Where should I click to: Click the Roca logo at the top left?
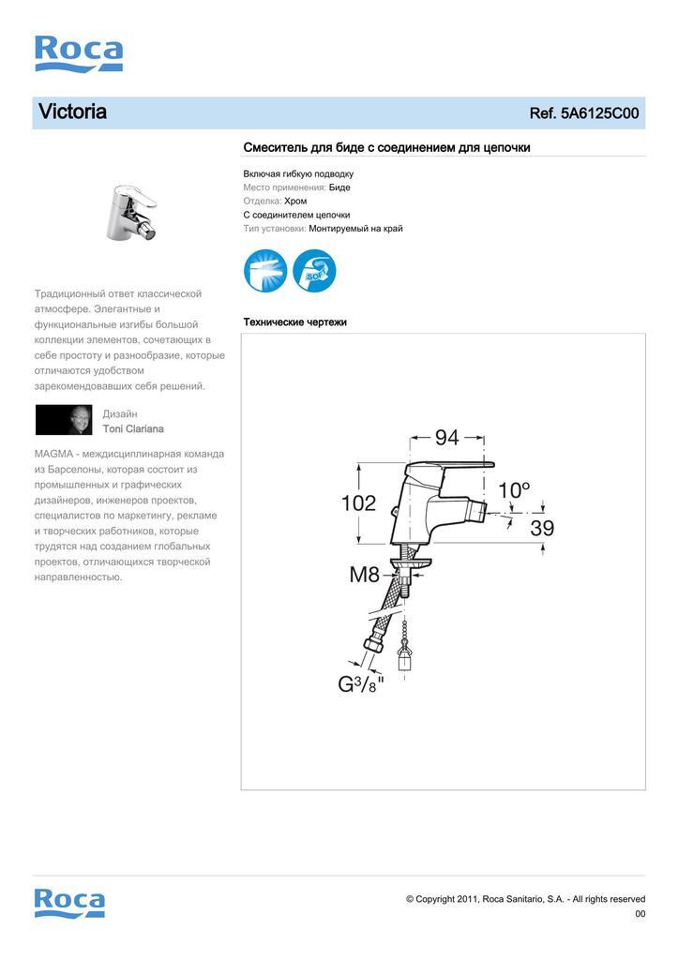click(x=79, y=53)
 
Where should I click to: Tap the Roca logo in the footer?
click(x=69, y=903)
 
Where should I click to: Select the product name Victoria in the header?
click(x=72, y=112)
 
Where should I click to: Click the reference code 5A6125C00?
click(x=599, y=113)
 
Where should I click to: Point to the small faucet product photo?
click(x=130, y=210)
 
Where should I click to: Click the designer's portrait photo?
click(x=65, y=420)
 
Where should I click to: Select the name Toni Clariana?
click(x=133, y=428)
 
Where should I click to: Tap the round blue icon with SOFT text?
click(x=314, y=271)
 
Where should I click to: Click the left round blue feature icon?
click(x=265, y=271)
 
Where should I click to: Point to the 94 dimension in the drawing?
click(x=446, y=437)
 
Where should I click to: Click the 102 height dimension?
click(x=358, y=502)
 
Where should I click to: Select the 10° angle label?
click(x=514, y=489)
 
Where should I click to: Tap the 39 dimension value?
click(x=542, y=528)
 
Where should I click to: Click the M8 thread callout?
click(x=365, y=575)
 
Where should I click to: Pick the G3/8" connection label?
click(x=361, y=683)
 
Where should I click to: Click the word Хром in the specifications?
click(x=295, y=201)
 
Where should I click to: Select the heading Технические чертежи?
click(x=294, y=322)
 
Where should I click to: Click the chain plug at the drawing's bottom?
click(x=404, y=656)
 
